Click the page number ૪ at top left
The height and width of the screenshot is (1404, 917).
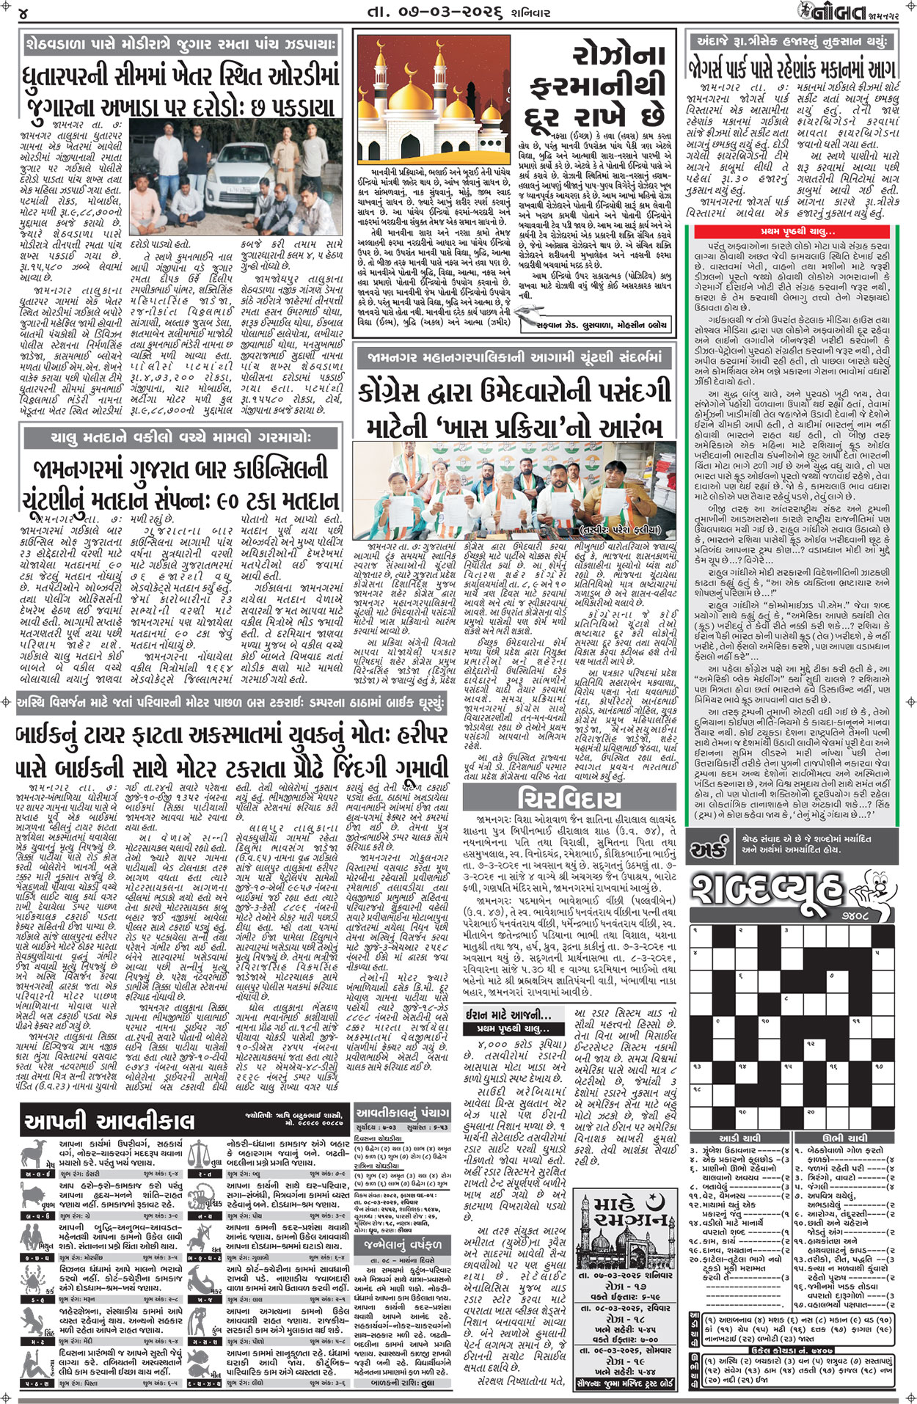coord(23,13)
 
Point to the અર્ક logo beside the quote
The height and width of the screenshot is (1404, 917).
coord(708,849)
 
